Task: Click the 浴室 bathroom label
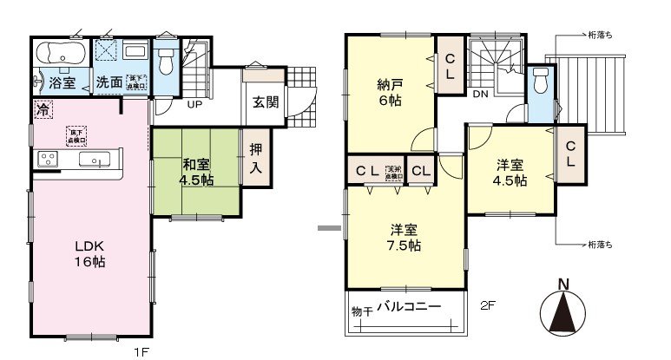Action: [x=61, y=83]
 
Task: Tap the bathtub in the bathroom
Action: [x=59, y=56]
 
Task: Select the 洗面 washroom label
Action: [x=109, y=83]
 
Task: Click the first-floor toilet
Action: [x=167, y=57]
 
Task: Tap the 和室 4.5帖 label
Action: [x=197, y=172]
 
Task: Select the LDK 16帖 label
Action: [x=89, y=252]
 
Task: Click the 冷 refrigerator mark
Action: [x=43, y=110]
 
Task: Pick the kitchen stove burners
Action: [x=48, y=160]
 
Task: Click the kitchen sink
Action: [x=94, y=160]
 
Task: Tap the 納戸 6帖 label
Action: [x=389, y=93]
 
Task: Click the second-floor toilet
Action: [x=541, y=82]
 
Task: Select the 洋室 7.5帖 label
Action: [x=405, y=238]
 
